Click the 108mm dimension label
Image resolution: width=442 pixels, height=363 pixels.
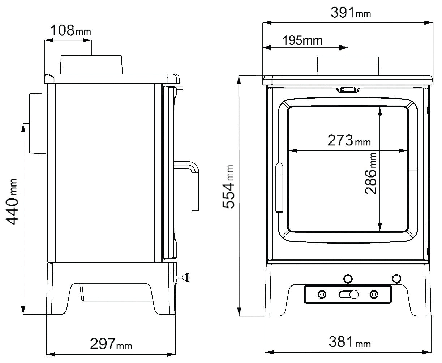pos(70,30)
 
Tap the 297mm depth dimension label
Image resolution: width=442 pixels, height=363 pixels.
pos(111,344)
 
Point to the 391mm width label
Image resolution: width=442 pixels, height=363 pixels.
pos(351,12)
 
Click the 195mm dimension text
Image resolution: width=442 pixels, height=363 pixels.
pos(302,40)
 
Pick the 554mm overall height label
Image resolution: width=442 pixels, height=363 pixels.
pos(228,187)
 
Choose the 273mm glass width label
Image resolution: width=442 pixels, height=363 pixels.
pos(349,140)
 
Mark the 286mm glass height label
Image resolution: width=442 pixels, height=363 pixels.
pos(371,174)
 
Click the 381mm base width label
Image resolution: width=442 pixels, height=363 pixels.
pos(349,342)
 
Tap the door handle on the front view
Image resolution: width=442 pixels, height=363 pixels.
pos(279,188)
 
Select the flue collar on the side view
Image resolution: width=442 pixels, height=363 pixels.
pos(91,65)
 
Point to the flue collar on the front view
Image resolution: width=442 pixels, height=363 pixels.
pos(348,66)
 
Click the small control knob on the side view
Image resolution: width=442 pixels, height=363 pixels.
pos(183,277)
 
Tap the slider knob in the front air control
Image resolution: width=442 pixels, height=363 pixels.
pos(354,294)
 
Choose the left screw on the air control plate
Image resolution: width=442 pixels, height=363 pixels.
pos(322,294)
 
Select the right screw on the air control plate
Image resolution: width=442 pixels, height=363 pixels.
pos(374,294)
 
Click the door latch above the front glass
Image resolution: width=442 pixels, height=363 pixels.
pos(348,89)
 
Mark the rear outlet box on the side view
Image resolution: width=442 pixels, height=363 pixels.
pos(38,123)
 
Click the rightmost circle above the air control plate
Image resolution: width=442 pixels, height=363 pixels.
pos(396,279)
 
